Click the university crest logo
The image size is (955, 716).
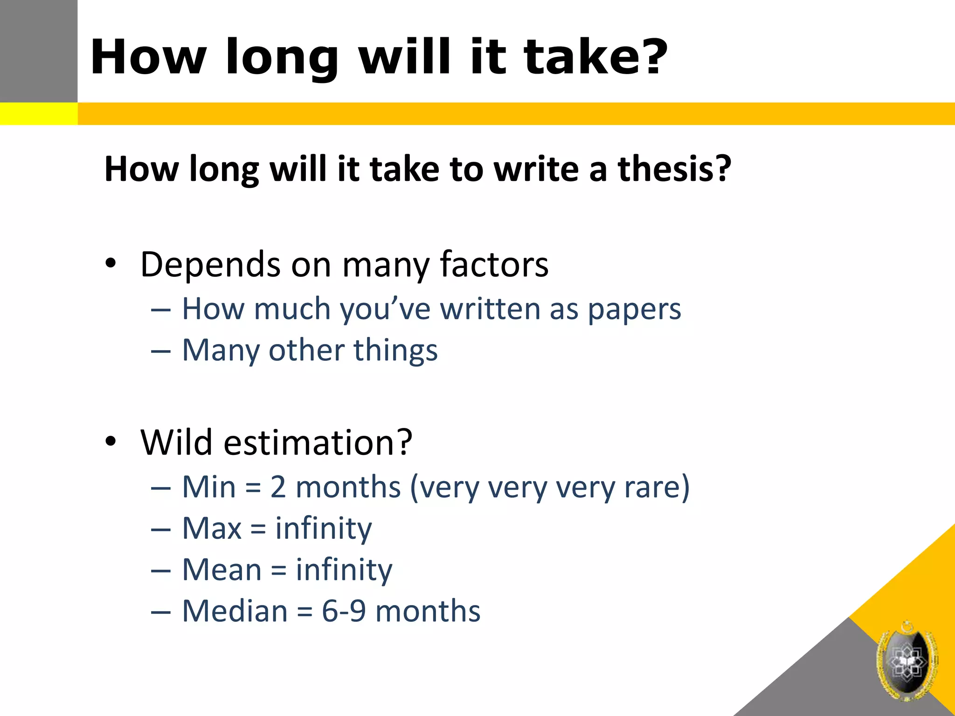pos(907,661)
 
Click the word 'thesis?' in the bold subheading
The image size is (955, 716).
pos(674,169)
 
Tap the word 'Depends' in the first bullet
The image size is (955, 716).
pos(210,265)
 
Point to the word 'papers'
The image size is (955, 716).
pos(634,310)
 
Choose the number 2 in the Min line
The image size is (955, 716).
pos(278,487)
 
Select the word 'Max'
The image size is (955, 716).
pos(212,529)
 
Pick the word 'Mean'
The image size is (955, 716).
pos(222,570)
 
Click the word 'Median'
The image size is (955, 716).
pos(235,611)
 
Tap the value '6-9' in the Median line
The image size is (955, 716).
pos(344,611)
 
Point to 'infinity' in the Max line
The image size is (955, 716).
pos(324,530)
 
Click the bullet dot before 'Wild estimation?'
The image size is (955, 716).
pos(111,441)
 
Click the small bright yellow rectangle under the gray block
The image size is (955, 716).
pos(39,114)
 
